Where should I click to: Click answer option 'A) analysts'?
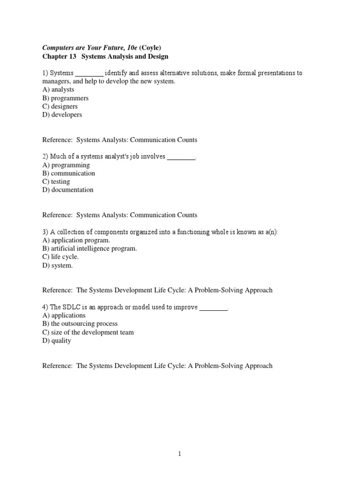(x=58, y=90)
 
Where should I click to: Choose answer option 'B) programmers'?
(x=65, y=98)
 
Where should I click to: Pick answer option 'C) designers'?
(x=60, y=106)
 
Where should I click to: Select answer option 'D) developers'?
(x=62, y=114)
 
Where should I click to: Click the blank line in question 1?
(x=89, y=74)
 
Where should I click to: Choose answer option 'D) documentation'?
(x=68, y=190)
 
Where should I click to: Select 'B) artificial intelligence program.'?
(x=90, y=249)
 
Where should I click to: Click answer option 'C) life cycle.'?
(x=60, y=257)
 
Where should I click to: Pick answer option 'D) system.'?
(x=58, y=265)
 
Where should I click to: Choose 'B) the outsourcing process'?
(x=80, y=324)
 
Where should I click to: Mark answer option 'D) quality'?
(x=57, y=341)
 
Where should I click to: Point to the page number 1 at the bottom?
(x=180, y=454)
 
